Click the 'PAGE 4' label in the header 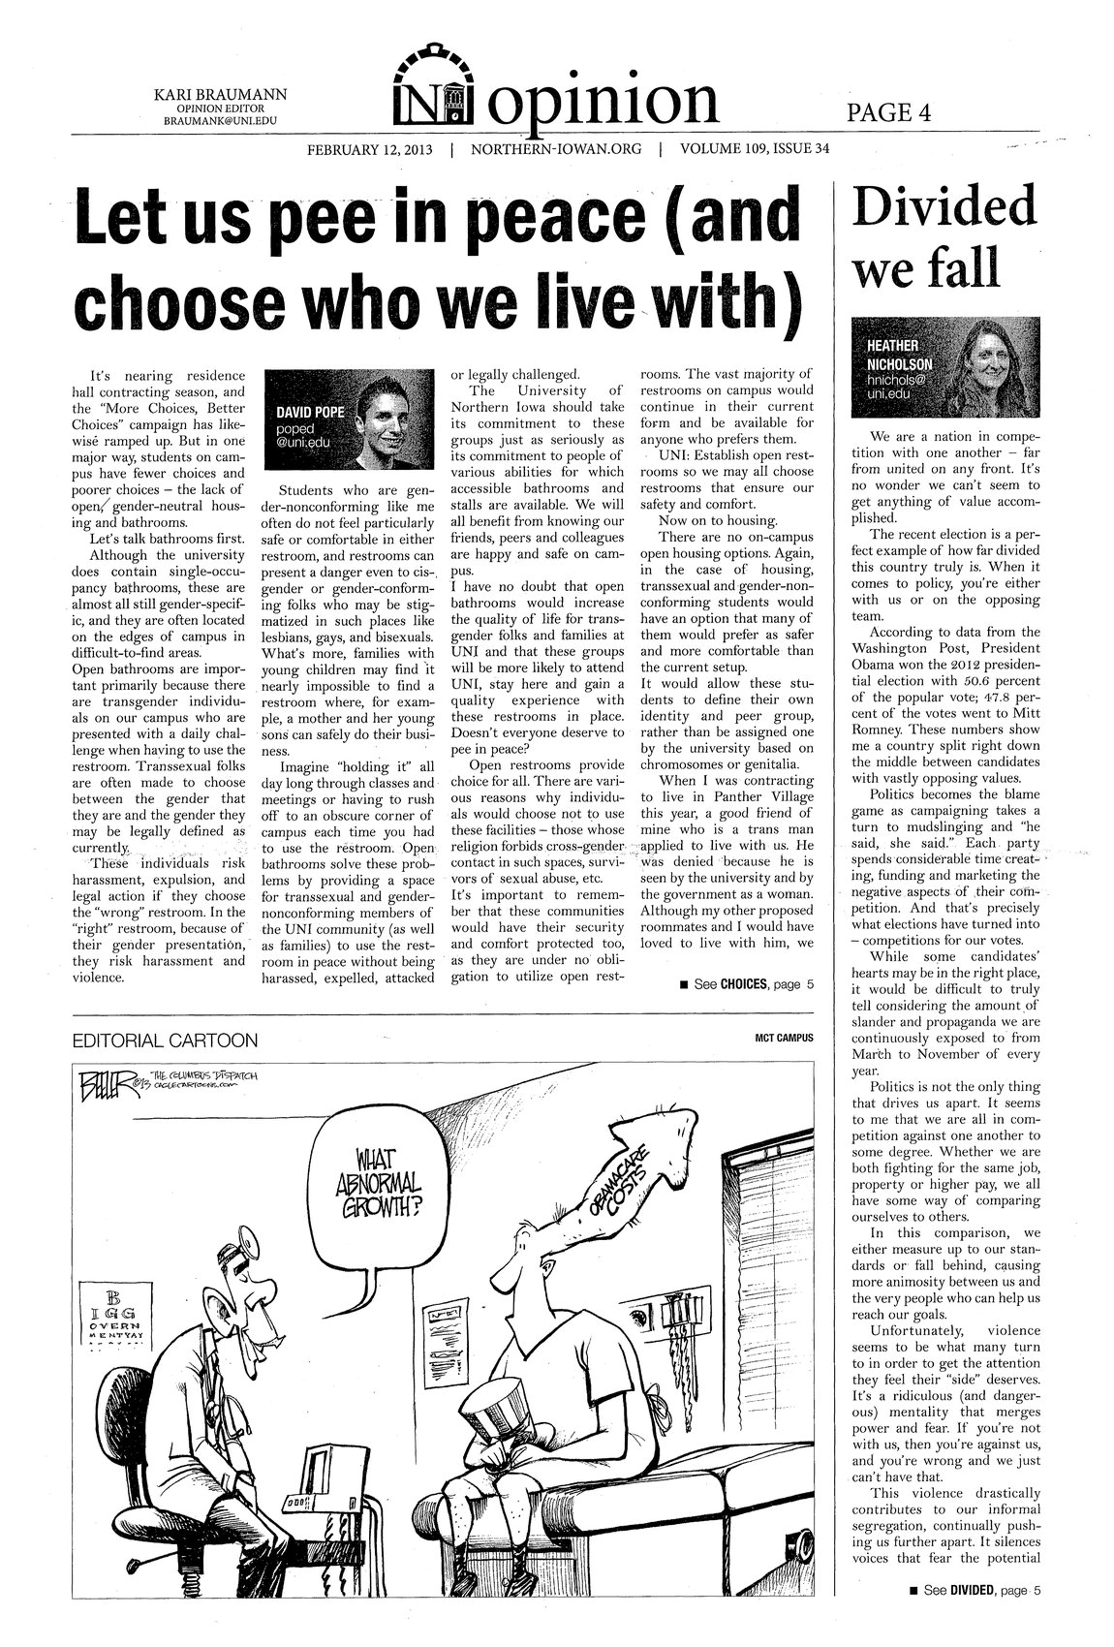tap(889, 112)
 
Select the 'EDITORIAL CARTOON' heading tap(166, 1041)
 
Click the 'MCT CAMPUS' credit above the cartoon tap(784, 1038)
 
